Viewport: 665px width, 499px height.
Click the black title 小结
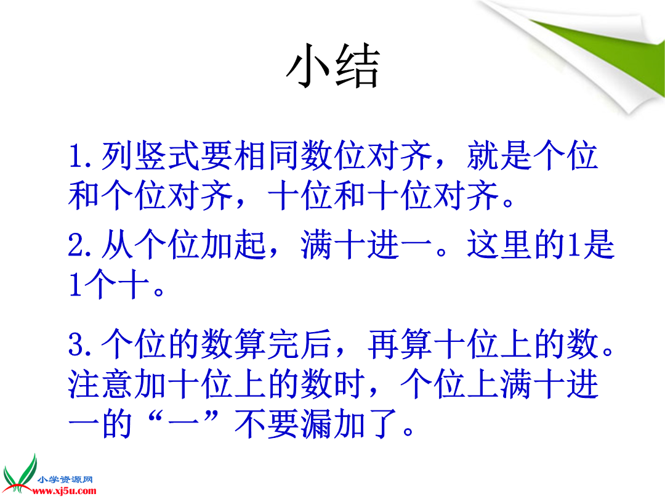pos(332,66)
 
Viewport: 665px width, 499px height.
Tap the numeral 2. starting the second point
pos(79,245)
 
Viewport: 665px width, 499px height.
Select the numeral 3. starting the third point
pos(79,344)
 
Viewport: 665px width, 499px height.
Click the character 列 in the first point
pos(116,156)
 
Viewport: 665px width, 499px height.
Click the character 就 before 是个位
pos(483,156)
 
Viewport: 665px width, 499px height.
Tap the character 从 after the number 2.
pos(116,245)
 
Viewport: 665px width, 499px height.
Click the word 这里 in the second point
pos(499,245)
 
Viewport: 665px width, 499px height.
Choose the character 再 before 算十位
pos(383,344)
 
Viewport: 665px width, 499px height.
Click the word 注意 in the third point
pos(100,384)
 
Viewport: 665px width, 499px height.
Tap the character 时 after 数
pos(350,384)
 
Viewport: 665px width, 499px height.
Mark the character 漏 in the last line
pos(316,424)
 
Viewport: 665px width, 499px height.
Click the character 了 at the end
pos(383,424)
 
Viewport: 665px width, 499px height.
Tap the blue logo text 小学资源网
pos(65,480)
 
